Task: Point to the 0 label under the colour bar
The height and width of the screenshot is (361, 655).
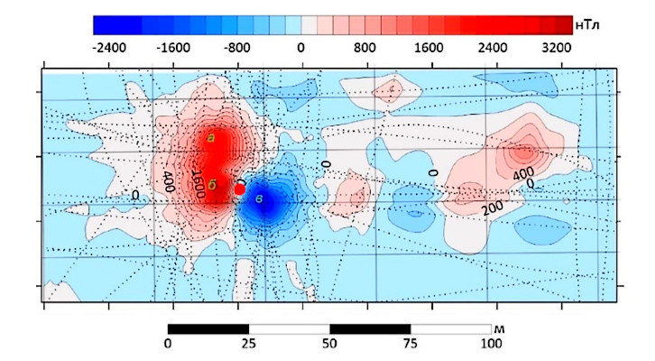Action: pyautogui.click(x=300, y=47)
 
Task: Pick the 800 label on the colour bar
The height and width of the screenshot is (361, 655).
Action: pyautogui.click(x=363, y=47)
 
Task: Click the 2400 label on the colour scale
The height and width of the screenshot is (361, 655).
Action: pyautogui.click(x=491, y=47)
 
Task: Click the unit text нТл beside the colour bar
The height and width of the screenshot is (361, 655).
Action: pyautogui.click(x=593, y=24)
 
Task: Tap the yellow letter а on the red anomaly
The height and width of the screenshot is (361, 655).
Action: pyautogui.click(x=210, y=137)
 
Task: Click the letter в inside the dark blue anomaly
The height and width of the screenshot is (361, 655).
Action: pyautogui.click(x=259, y=198)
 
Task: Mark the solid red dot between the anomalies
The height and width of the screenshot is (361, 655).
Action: pyautogui.click(x=240, y=190)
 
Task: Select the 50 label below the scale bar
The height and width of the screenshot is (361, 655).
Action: pyautogui.click(x=329, y=344)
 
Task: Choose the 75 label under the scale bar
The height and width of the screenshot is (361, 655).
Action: pyautogui.click(x=411, y=344)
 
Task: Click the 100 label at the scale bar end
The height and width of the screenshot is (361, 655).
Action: pyautogui.click(x=490, y=344)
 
